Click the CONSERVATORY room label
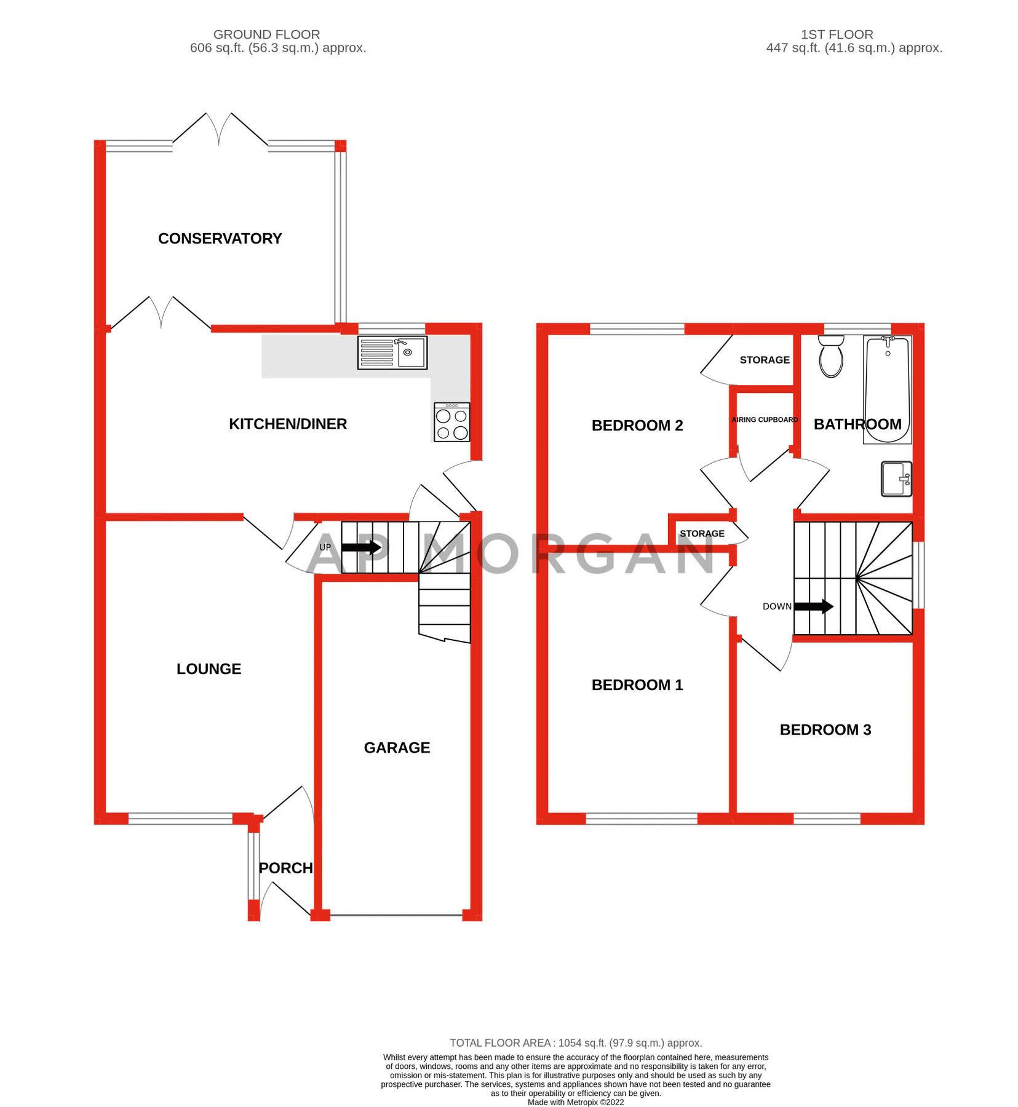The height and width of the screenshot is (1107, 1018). click(220, 239)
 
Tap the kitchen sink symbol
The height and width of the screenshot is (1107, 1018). click(392, 352)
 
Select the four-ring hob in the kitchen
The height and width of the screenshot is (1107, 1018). click(451, 422)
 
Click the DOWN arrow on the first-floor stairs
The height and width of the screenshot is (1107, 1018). click(813, 606)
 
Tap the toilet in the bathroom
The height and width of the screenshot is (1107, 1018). click(830, 356)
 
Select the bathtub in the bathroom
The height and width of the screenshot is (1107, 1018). click(886, 389)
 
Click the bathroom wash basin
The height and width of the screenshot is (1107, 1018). click(896, 478)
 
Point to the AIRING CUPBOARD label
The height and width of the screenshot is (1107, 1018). click(765, 419)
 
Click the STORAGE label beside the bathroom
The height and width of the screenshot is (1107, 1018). click(764, 360)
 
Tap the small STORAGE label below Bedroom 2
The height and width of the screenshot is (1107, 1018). click(702, 533)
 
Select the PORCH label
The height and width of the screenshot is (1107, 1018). click(285, 868)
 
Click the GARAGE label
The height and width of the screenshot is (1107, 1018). click(397, 747)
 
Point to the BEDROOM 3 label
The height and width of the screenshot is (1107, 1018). click(825, 729)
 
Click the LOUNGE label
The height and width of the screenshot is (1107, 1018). click(209, 669)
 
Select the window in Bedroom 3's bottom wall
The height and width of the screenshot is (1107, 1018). click(826, 818)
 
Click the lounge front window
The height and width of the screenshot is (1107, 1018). click(180, 818)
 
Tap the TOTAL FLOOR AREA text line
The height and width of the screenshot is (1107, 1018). click(575, 1043)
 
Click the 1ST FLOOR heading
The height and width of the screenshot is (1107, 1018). click(836, 34)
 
